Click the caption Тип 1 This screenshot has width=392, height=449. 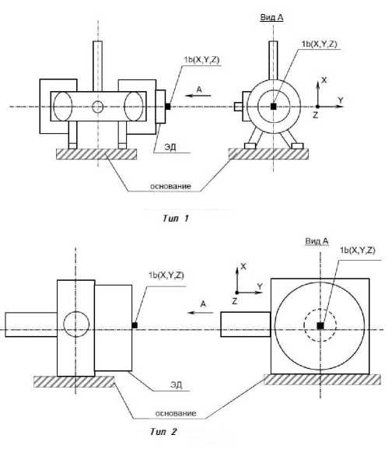176,219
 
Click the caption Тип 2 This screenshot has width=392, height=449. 163,431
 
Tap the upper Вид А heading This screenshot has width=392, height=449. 271,17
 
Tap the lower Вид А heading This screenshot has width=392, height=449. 317,241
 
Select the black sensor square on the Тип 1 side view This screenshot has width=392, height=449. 168,107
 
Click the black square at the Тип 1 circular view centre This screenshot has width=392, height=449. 274,107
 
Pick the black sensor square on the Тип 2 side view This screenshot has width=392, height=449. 135,325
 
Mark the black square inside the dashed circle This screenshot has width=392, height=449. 320,325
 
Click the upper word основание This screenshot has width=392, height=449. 170,186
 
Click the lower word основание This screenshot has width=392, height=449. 176,413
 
